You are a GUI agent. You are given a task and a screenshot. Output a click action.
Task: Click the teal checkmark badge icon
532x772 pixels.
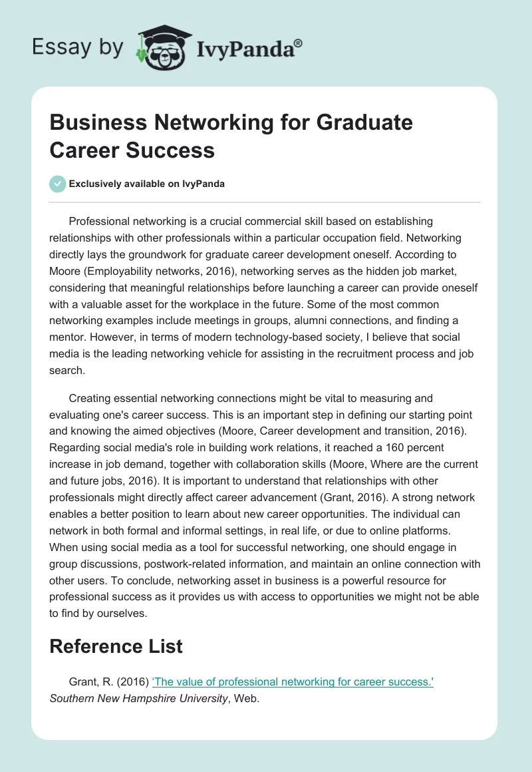[x=58, y=184]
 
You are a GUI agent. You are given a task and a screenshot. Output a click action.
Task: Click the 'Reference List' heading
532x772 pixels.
[x=116, y=646]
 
